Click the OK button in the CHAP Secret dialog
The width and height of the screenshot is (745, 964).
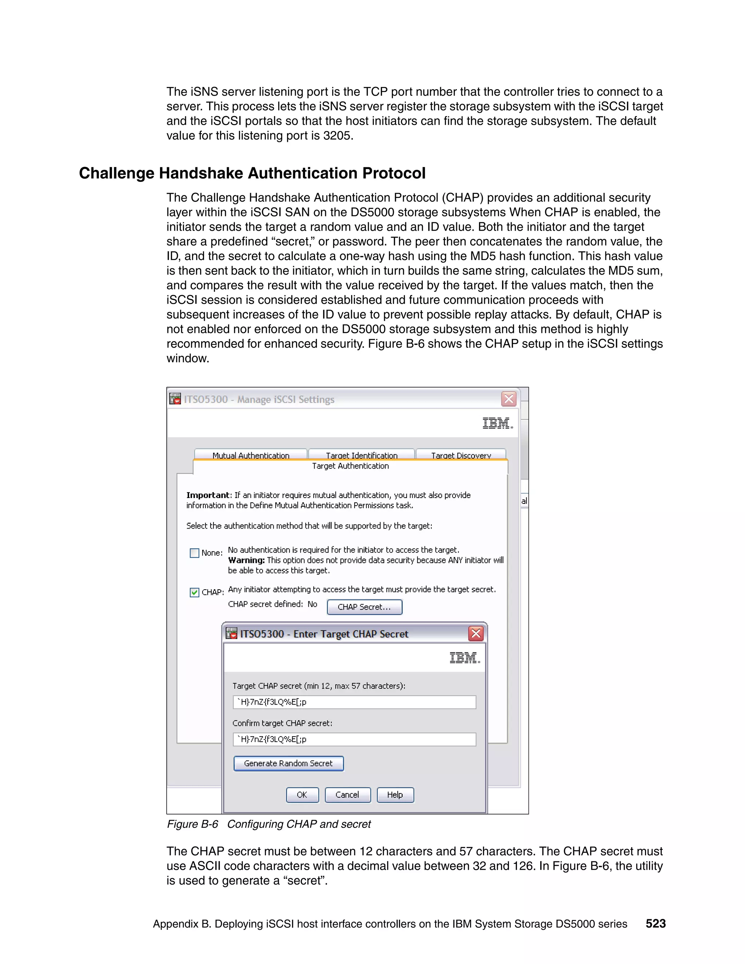tap(302, 794)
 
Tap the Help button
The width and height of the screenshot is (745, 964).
tap(395, 794)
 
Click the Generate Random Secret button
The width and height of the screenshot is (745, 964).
tap(288, 763)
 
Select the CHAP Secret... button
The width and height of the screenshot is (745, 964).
tap(364, 607)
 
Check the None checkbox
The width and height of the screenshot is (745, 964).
tap(194, 553)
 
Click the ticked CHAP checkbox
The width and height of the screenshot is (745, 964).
tap(194, 592)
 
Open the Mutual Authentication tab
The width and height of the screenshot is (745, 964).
tap(251, 455)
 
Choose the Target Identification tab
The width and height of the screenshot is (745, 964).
tap(362, 455)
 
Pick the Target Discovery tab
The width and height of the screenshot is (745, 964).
tap(461, 455)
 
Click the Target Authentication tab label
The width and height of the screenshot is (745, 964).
tap(350, 466)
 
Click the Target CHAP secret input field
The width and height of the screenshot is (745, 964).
tap(354, 702)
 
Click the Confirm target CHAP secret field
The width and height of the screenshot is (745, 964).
tap(354, 739)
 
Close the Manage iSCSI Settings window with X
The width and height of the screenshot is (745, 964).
tap(509, 399)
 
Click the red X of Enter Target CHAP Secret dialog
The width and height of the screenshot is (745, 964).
tap(476, 634)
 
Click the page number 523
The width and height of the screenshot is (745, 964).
tap(656, 923)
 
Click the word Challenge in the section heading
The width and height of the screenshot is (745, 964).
tap(116, 173)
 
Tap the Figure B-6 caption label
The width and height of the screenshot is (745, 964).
tap(192, 824)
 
